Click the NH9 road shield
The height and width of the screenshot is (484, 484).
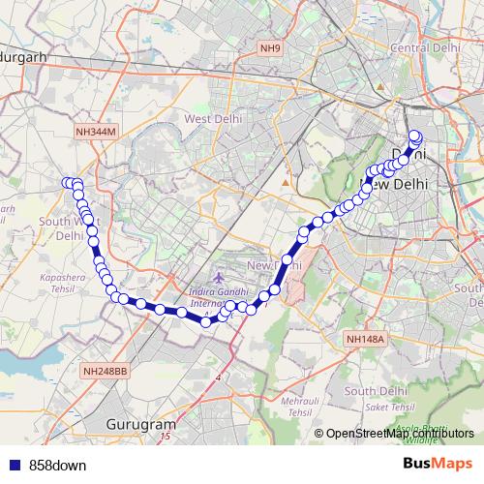click(x=269, y=46)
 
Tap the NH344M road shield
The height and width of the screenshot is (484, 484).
click(x=94, y=131)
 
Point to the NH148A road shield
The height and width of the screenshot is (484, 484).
click(x=364, y=339)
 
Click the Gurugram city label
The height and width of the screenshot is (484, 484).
click(x=143, y=424)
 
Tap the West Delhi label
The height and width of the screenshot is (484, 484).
click(x=212, y=118)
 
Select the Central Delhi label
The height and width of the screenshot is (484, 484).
click(x=423, y=46)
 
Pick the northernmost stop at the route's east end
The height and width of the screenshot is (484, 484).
click(x=415, y=136)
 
